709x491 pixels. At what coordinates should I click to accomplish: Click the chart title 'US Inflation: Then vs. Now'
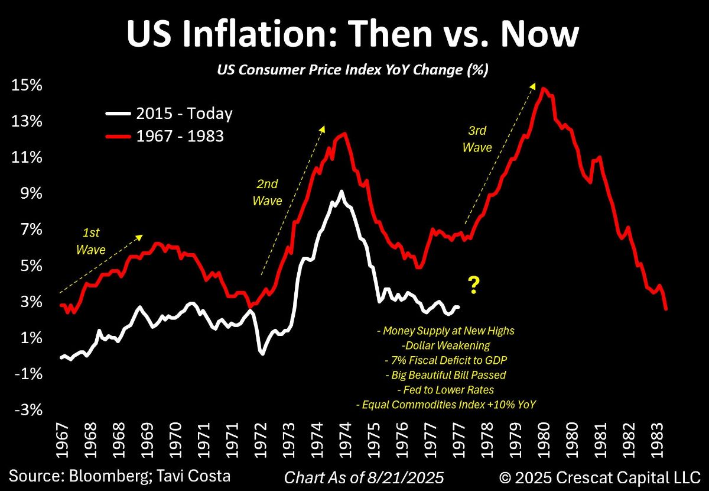point(352,34)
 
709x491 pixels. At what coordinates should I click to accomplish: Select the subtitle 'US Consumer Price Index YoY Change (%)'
point(352,70)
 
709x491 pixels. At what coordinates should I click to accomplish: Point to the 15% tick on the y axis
point(27,85)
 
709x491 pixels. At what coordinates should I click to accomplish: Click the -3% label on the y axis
point(27,410)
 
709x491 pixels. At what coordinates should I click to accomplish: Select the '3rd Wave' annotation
point(477,140)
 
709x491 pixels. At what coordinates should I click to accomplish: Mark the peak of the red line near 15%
point(542,88)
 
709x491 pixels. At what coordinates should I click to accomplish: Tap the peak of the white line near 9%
point(341,192)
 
